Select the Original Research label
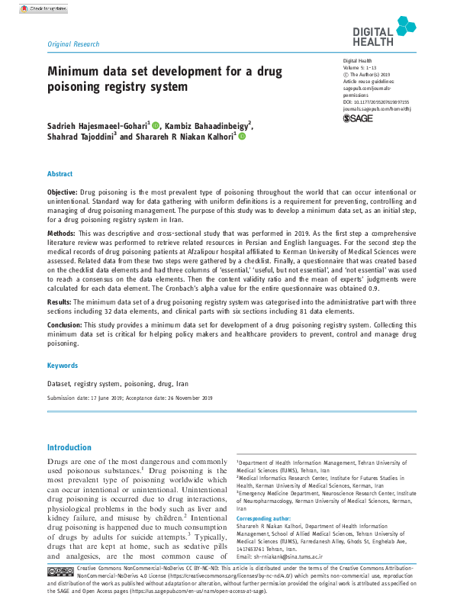coord(73,44)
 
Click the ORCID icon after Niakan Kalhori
coord(242,137)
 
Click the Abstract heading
coord(60,174)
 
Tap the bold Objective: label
coord(63,191)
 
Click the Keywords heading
coord(63,366)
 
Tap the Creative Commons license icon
coord(60,571)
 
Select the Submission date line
coord(130,398)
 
